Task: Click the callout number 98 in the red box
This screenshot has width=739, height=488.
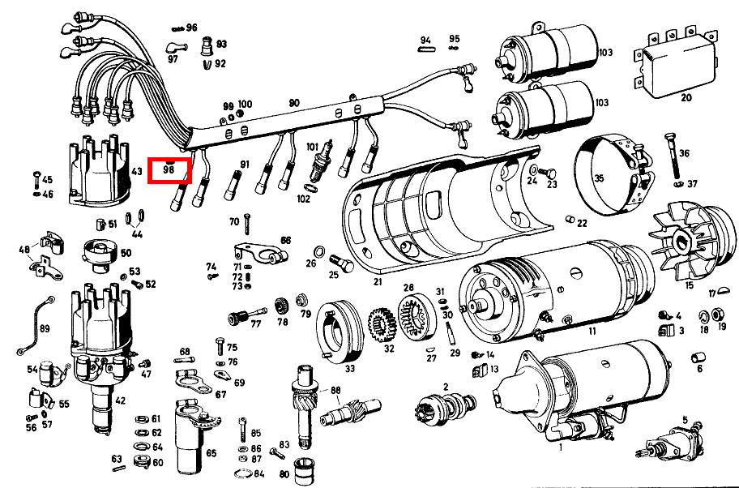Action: pyautogui.click(x=169, y=170)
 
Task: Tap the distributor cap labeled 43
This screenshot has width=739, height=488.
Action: pyautogui.click(x=98, y=173)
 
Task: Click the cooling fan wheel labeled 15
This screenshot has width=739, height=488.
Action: pyautogui.click(x=685, y=241)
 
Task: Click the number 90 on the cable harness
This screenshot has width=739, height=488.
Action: pyautogui.click(x=294, y=103)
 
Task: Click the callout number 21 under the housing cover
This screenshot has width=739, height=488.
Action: pyautogui.click(x=378, y=282)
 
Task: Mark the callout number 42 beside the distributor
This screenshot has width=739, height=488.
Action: pyautogui.click(x=120, y=400)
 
